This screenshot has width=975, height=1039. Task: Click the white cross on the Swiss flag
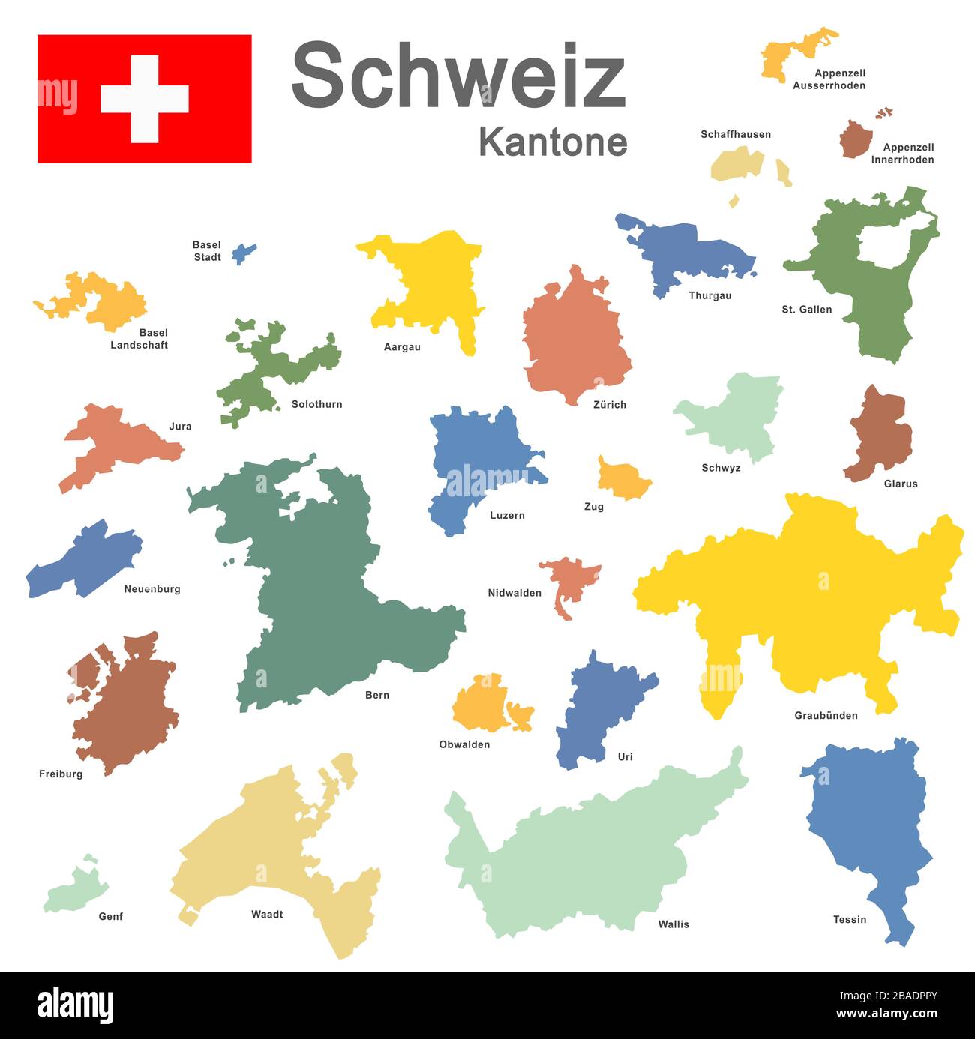click(x=144, y=99)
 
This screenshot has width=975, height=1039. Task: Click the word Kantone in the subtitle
click(x=553, y=142)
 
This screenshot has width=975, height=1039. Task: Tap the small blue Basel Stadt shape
click(x=242, y=253)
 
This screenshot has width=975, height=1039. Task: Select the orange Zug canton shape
click(x=622, y=479)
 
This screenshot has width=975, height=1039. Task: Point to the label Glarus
click(x=900, y=484)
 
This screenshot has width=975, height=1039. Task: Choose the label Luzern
click(x=507, y=516)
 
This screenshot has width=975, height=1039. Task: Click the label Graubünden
click(x=826, y=716)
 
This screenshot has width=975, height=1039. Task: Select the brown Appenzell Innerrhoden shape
click(x=856, y=139)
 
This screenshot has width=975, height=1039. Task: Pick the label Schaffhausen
click(x=735, y=135)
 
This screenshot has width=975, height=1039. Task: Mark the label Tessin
click(x=849, y=920)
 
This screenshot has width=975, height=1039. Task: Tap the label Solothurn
click(x=316, y=405)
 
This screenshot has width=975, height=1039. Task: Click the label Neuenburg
click(x=151, y=589)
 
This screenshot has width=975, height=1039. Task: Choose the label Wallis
click(x=673, y=924)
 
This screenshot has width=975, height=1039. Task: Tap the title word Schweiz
click(x=457, y=75)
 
